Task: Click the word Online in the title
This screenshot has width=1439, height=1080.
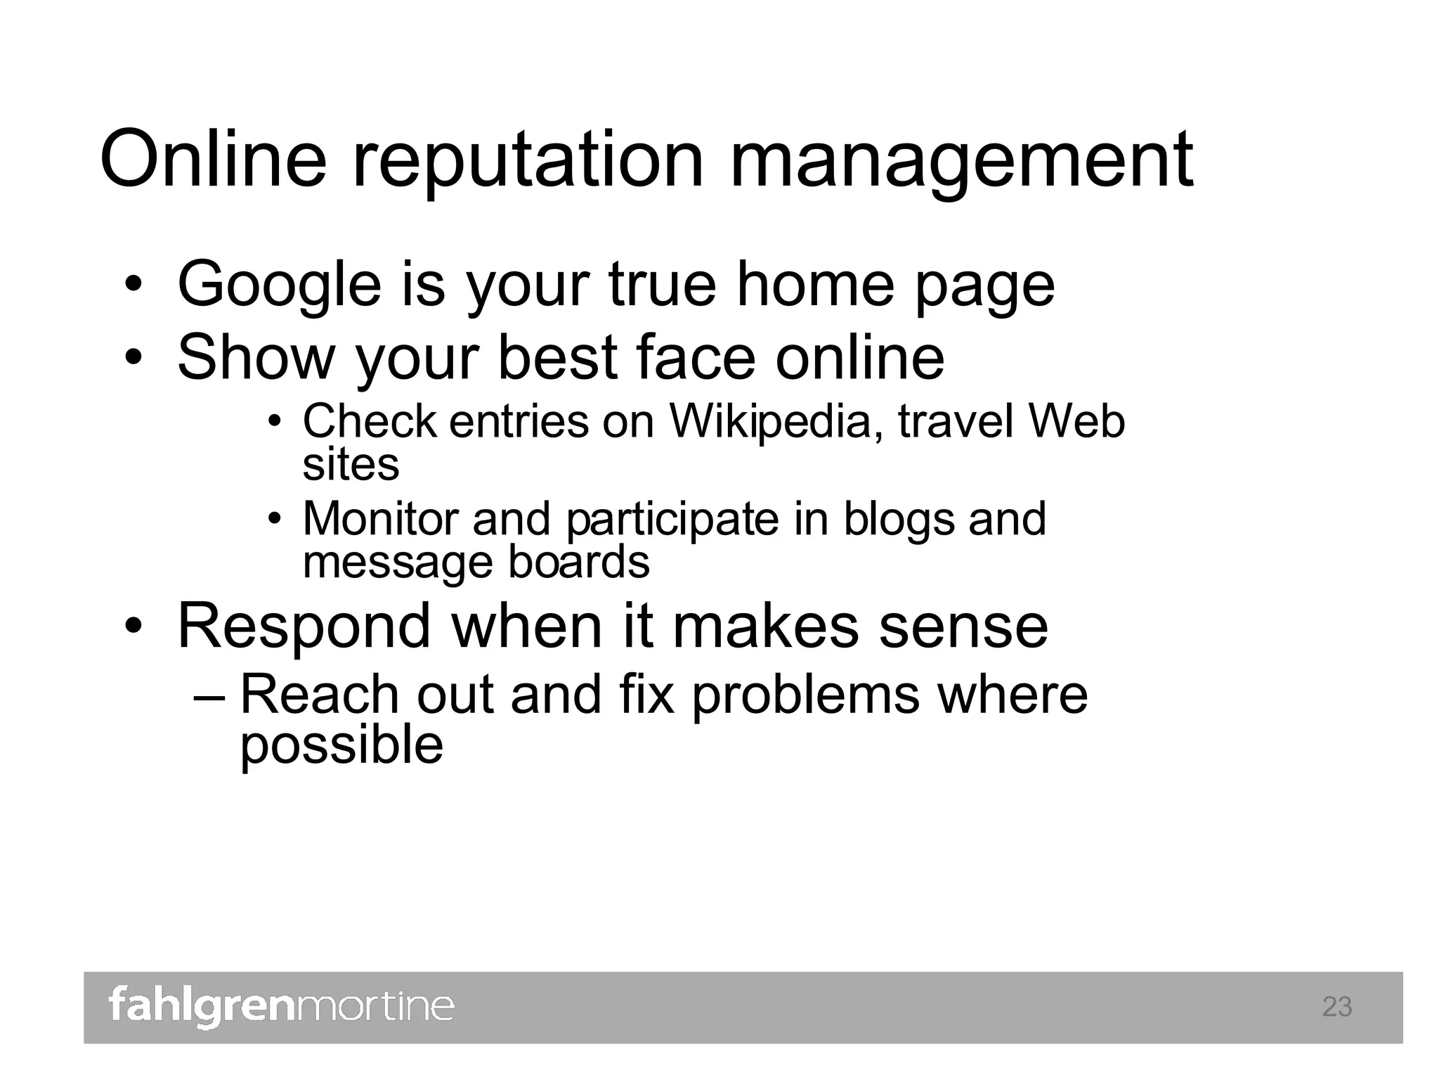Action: point(214,160)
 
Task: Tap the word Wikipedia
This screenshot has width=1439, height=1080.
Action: point(770,422)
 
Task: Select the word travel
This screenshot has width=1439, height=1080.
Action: point(956,421)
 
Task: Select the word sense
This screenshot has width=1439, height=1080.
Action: point(963,626)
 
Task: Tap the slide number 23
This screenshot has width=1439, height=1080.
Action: point(1336,1007)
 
